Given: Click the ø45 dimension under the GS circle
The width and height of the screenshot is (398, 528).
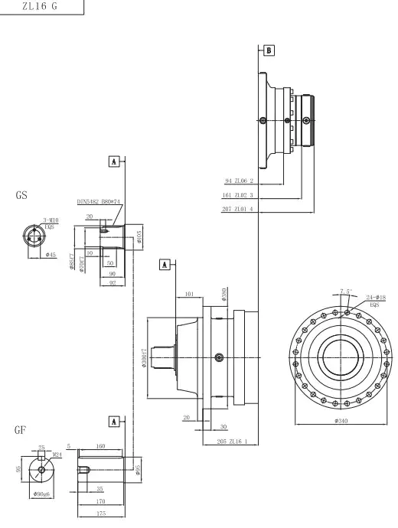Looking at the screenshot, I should pos(51,254).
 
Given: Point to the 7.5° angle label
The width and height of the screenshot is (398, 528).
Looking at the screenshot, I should pos(345,291).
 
